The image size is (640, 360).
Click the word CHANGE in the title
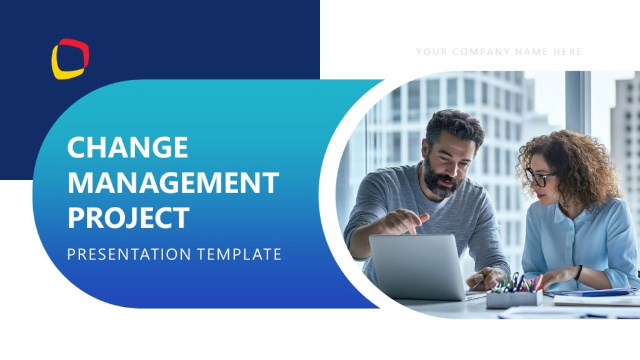pos(127,147)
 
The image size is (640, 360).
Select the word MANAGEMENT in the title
pos(174,182)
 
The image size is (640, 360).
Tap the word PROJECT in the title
pos(129,217)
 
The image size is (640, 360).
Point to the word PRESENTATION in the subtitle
pos(129,254)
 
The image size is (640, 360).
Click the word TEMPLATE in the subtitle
pos(239,254)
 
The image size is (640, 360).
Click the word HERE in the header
pos(567,52)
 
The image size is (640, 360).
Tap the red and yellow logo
pos(70,59)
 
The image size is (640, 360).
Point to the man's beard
pos(441,179)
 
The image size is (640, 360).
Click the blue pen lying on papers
pos(600,294)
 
